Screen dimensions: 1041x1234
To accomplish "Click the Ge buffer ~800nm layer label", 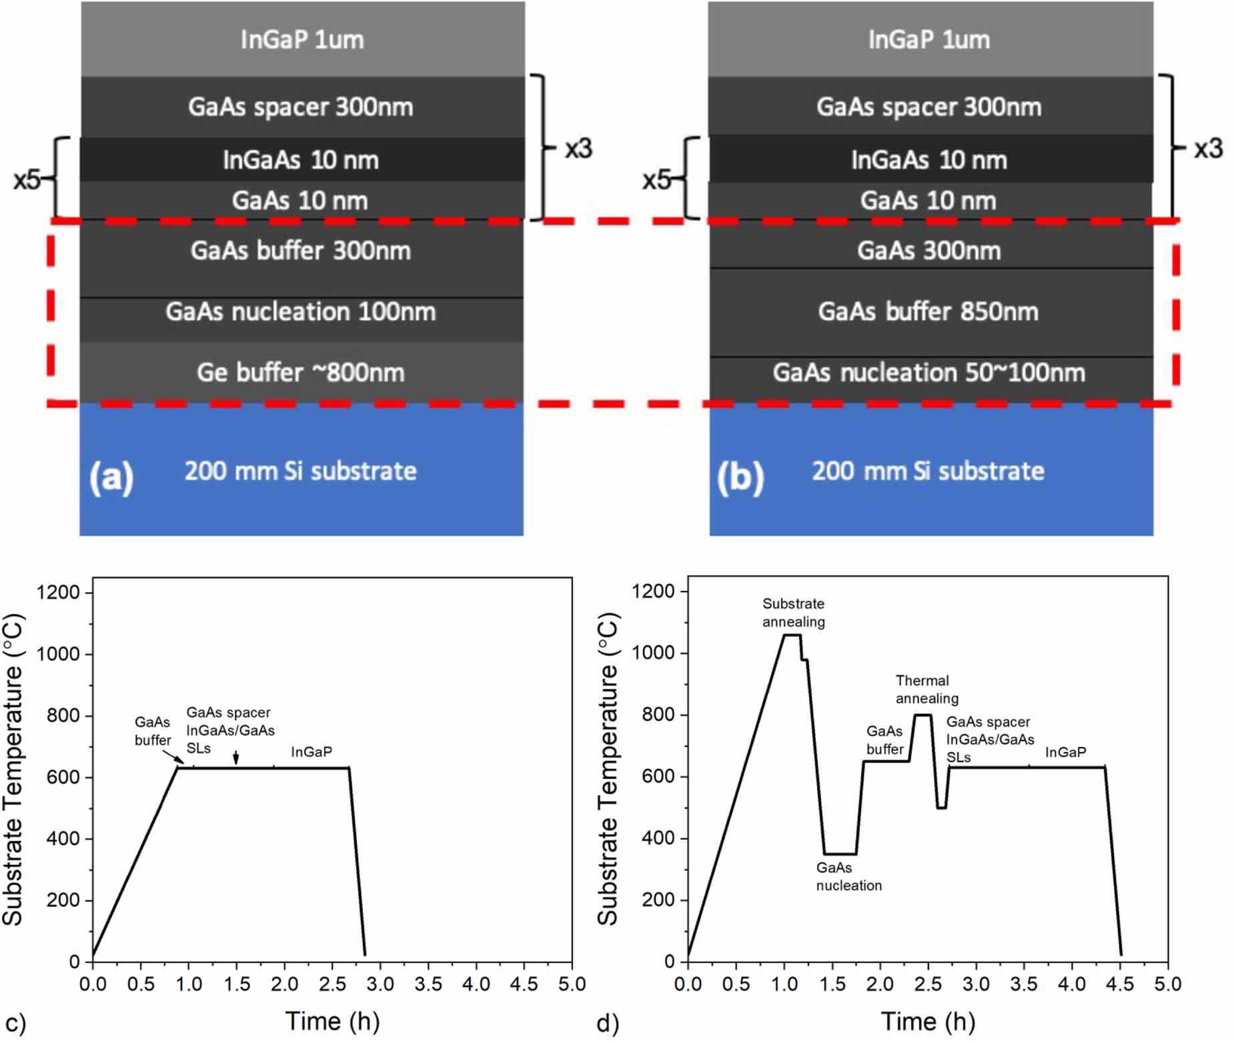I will tap(300, 372).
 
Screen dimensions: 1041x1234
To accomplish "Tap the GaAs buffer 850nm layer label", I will tap(928, 311).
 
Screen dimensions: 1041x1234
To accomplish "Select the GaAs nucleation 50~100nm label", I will tap(929, 372).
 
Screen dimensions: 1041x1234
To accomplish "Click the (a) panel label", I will tap(111, 477).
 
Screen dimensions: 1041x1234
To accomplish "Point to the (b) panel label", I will tap(740, 477).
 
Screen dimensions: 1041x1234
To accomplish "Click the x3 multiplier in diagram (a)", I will tap(578, 149).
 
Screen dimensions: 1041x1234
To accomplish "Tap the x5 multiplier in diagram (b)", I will tap(656, 179).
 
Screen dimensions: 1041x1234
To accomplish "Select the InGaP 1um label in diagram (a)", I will tap(302, 39).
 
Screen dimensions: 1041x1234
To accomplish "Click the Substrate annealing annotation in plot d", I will tap(793, 612).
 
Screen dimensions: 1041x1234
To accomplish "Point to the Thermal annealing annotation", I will tap(926, 689).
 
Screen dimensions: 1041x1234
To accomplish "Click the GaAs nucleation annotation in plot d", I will tap(848, 876).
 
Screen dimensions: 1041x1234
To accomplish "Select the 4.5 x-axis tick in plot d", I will tap(1119, 984).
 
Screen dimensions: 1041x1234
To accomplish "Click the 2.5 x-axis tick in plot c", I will tap(332, 984).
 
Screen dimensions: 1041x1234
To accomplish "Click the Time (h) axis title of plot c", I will tap(332, 1020).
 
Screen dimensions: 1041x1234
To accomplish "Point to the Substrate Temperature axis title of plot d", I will tap(607, 768).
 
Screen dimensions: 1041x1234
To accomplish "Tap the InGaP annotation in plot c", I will tap(311, 752).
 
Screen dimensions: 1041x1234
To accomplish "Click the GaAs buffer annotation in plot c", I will tap(152, 731).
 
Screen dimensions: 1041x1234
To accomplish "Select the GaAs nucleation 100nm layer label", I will tap(300, 311).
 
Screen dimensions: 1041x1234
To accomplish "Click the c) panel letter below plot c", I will tap(15, 1023).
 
